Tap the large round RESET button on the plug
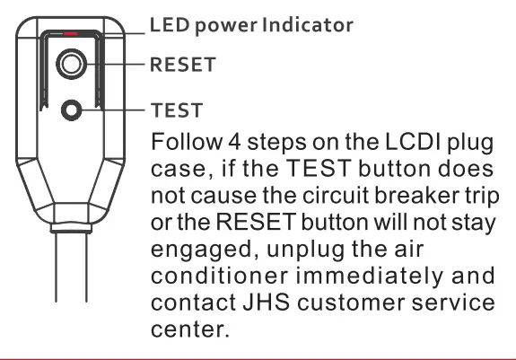(70, 64)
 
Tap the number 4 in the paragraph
(219, 144)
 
